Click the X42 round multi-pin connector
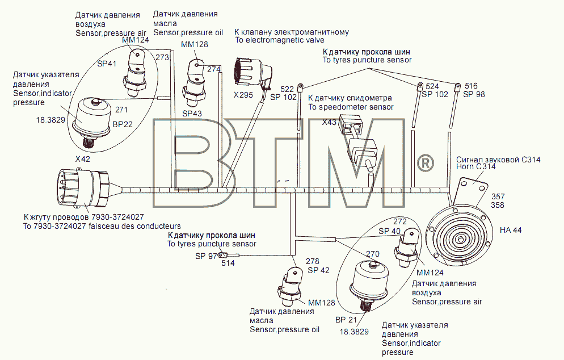[x=85, y=187]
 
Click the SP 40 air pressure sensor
[x=406, y=248]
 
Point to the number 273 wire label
[x=162, y=57]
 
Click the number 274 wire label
[x=214, y=69]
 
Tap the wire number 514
[x=228, y=263]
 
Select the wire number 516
[x=471, y=86]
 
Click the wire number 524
[x=432, y=86]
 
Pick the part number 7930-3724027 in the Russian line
[x=117, y=217]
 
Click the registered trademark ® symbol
[x=425, y=163]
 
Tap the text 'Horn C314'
[x=476, y=167]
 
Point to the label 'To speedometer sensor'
[x=351, y=107]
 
